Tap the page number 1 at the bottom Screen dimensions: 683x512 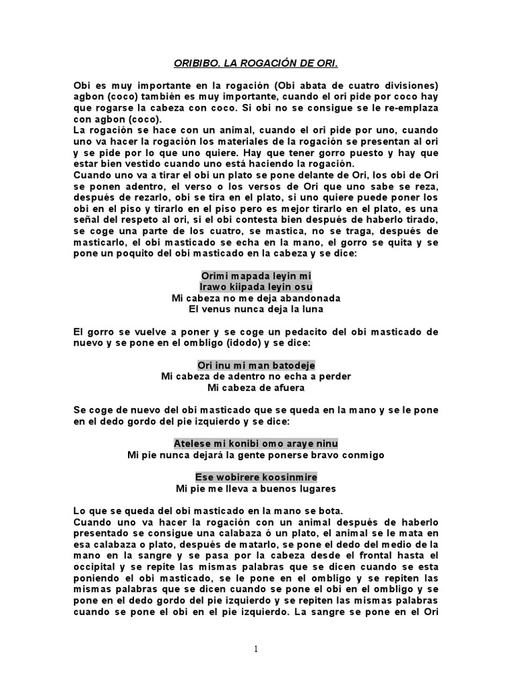tap(255, 648)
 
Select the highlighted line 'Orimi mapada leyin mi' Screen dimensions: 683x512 tap(256, 275)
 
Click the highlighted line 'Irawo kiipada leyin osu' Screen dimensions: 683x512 tap(256, 287)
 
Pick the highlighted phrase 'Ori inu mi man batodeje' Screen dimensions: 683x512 tap(256, 365)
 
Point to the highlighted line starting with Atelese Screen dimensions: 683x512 tap(256, 444)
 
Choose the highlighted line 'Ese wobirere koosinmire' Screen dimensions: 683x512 tap(256, 477)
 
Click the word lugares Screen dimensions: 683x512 tap(314, 488)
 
